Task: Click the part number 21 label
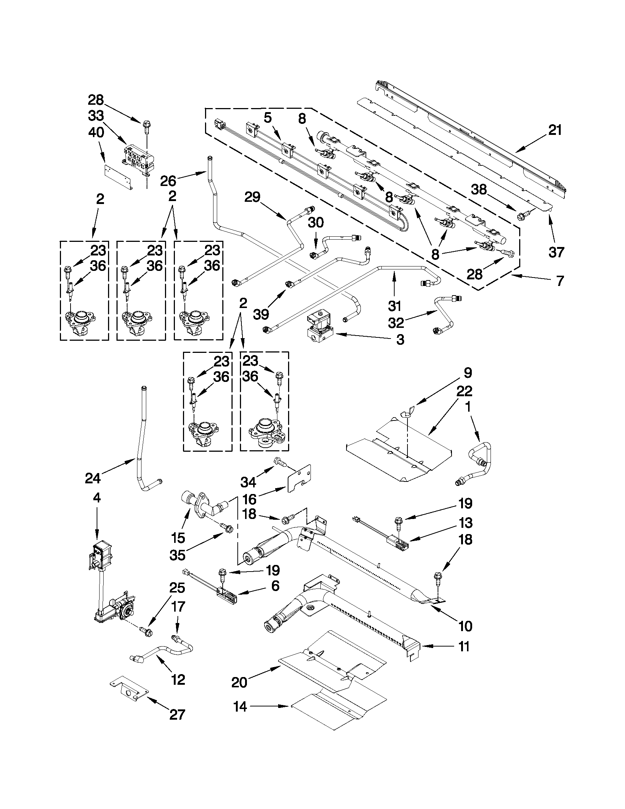click(555, 130)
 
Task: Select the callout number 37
click(556, 252)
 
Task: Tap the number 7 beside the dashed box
click(560, 281)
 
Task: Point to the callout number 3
click(400, 340)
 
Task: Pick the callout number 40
click(96, 133)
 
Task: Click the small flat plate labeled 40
click(118, 178)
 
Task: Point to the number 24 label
click(93, 478)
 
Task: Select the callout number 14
click(240, 707)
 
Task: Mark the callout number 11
click(464, 647)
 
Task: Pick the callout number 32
click(396, 323)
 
